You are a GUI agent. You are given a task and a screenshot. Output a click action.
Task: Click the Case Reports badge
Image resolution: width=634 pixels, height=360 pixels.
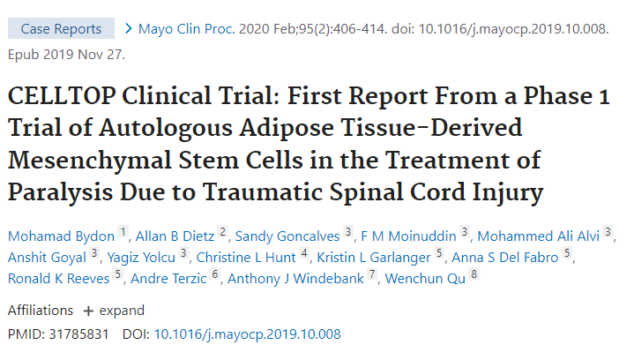(x=61, y=29)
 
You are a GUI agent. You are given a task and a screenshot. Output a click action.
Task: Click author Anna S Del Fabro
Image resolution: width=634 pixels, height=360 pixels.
(x=506, y=257)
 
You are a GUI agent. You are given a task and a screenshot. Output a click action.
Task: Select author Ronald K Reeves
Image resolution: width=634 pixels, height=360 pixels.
(x=59, y=280)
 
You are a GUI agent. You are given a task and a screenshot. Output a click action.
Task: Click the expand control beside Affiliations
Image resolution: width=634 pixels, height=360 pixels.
(x=114, y=311)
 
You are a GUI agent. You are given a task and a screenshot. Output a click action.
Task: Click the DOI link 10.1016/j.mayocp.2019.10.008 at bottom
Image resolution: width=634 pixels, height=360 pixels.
(x=247, y=334)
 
